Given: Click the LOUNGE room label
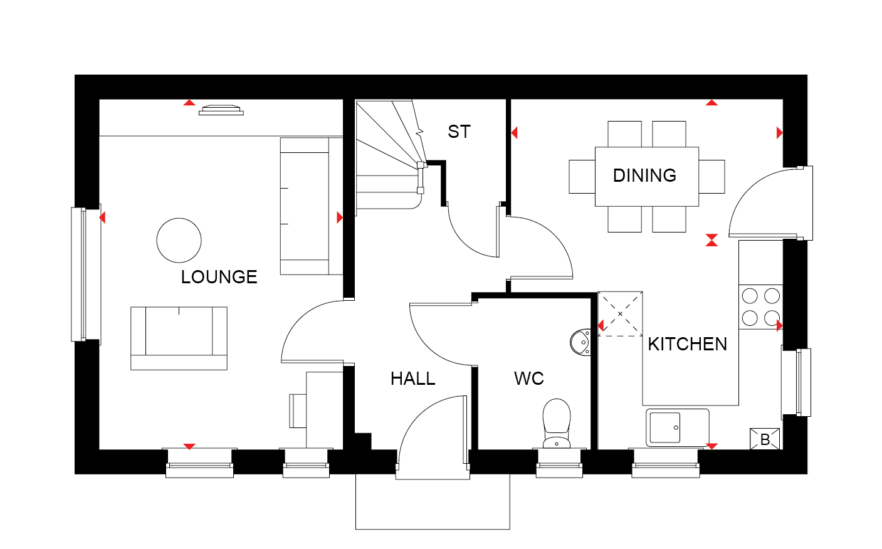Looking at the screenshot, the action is (219, 277).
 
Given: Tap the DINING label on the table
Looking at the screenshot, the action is (644, 175).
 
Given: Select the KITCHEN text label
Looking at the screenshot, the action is (687, 344).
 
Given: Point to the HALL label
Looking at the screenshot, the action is (412, 379).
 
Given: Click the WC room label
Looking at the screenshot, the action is (529, 379).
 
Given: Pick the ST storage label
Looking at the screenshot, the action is (459, 132).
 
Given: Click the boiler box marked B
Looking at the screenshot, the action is (765, 439).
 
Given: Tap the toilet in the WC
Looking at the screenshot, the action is (557, 424).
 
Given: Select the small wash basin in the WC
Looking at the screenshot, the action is (580, 342).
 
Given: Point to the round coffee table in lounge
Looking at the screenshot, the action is (179, 241).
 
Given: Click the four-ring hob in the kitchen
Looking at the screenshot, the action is (761, 307).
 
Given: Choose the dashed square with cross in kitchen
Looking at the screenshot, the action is (620, 314).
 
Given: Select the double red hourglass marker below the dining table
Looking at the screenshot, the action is (711, 240).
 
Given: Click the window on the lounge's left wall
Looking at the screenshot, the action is (86, 274).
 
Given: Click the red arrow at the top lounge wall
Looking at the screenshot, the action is (189, 103).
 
